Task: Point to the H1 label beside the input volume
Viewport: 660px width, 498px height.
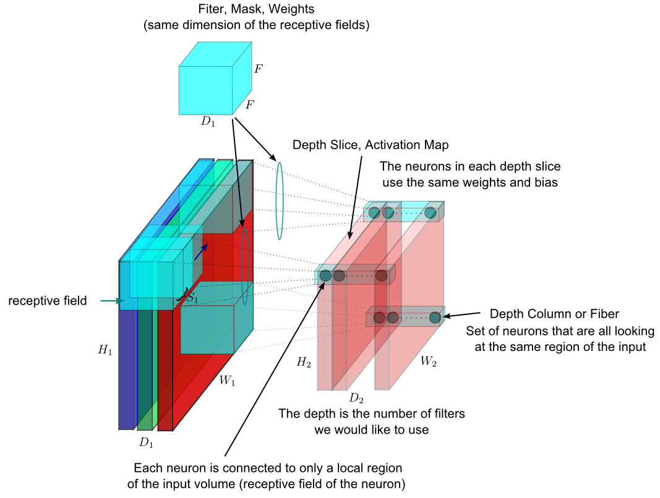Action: click(x=105, y=350)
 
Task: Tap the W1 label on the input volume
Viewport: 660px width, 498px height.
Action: click(x=228, y=381)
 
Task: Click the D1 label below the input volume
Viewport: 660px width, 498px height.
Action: click(x=146, y=442)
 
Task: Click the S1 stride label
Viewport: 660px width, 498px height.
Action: click(x=192, y=298)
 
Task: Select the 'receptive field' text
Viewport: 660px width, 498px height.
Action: click(x=48, y=301)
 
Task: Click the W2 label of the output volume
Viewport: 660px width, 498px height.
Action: click(x=428, y=362)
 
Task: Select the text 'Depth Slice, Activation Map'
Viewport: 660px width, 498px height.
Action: click(x=371, y=145)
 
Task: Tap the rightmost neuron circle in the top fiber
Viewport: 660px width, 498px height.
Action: click(x=431, y=213)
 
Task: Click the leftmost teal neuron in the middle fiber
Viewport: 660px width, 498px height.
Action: click(x=325, y=276)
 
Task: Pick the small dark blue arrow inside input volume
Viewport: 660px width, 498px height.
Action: click(x=201, y=251)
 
